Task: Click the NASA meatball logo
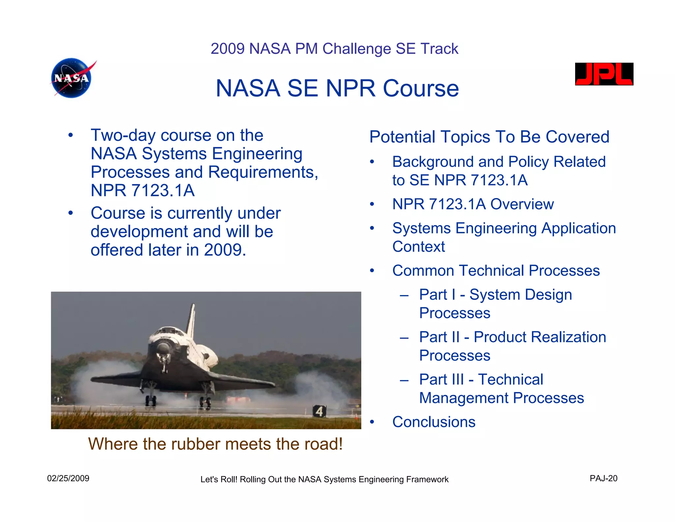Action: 72,78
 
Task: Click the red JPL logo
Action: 604,74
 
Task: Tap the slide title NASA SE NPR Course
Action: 337,88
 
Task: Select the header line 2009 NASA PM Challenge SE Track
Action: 334,49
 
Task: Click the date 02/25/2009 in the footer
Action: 68,478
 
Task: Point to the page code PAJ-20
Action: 603,478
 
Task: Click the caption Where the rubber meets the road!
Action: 215,444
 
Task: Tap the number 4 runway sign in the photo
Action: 319,411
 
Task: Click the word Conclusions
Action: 434,422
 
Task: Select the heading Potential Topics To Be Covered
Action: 489,137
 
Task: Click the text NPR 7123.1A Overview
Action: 473,204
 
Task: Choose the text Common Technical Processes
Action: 496,271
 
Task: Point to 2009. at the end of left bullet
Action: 225,250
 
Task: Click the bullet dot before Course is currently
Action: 70,213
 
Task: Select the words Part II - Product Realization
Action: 512,337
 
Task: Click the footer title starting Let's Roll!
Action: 324,479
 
